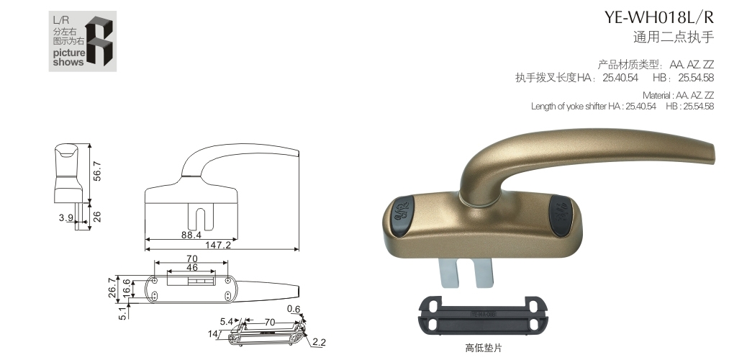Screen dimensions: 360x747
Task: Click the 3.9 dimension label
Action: pyautogui.click(x=65, y=217)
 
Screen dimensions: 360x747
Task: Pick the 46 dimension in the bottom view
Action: pyautogui.click(x=191, y=267)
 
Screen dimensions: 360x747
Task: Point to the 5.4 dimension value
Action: pyautogui.click(x=226, y=321)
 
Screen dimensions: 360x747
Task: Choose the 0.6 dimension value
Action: pyautogui.click(x=294, y=310)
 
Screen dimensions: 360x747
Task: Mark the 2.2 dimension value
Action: pyautogui.click(x=319, y=342)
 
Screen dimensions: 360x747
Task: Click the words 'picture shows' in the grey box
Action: pyautogui.click(x=68, y=58)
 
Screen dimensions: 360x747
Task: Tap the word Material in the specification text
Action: pyautogui.click(x=657, y=95)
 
